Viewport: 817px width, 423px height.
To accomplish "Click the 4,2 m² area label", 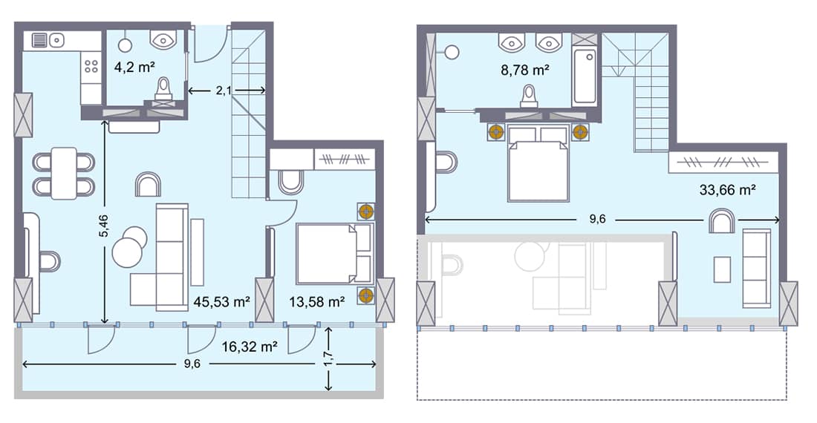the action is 134,67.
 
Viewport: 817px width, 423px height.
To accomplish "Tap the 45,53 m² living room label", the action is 221,302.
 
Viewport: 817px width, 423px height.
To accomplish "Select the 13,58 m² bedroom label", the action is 317,302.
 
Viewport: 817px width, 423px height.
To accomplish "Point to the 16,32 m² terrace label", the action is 249,347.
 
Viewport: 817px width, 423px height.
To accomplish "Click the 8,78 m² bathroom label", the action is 525,70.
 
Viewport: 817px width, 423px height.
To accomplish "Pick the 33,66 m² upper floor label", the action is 727,190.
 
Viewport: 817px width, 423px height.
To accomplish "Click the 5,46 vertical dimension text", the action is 104,226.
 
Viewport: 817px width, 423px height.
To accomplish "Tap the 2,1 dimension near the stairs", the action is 224,91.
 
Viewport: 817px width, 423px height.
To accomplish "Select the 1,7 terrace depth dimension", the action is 328,358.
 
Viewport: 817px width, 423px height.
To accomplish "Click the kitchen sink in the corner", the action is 48,40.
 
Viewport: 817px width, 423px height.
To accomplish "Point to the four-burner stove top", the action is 91,66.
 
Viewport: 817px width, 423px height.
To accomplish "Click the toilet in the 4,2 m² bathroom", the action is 163,90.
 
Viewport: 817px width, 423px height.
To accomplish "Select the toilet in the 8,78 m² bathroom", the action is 530,96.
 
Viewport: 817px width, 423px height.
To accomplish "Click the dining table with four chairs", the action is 64,173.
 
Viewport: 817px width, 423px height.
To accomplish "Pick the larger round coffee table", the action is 127,252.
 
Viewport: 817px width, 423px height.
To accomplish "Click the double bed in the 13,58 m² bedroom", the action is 334,253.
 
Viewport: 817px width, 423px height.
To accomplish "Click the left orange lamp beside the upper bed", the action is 496,132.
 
